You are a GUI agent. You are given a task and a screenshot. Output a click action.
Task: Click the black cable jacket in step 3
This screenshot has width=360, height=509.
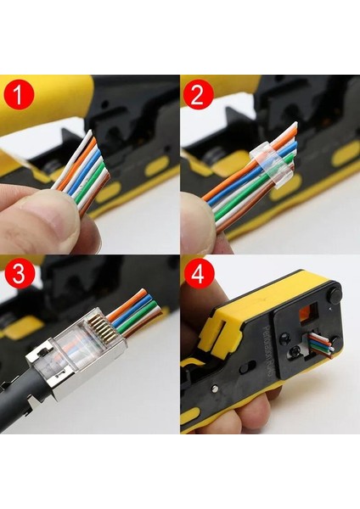tap(21, 399)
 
